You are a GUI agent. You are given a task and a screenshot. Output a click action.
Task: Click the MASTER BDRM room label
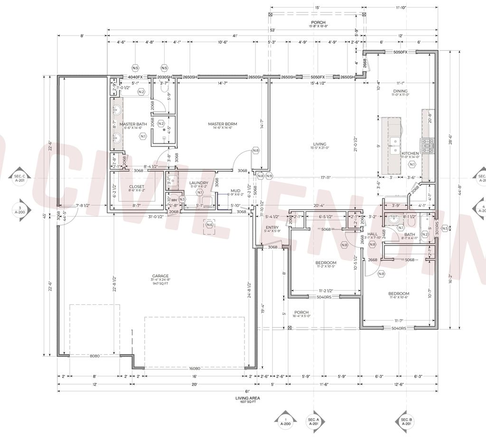[x=222, y=124]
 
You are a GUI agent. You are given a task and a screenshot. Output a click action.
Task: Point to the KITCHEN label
[x=410, y=154]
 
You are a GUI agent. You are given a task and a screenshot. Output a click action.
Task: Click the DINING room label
[x=400, y=91]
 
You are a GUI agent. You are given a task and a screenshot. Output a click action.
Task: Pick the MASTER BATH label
[x=133, y=124]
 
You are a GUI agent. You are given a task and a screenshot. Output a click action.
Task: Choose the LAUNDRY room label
[x=199, y=183]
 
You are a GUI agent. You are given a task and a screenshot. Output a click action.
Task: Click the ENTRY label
[x=272, y=227]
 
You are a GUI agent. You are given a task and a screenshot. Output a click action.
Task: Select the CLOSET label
[x=137, y=187]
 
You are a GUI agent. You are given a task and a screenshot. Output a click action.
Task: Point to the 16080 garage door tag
[x=195, y=368]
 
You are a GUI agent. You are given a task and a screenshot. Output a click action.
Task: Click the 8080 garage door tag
[x=95, y=356]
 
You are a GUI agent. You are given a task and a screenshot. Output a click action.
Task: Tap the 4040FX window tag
[x=135, y=77]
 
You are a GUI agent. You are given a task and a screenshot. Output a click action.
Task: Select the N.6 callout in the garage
[x=209, y=225]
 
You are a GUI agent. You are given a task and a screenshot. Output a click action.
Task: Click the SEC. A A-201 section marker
[x=313, y=421]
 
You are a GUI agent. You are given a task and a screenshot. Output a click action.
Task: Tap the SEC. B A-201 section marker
[x=406, y=421]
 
